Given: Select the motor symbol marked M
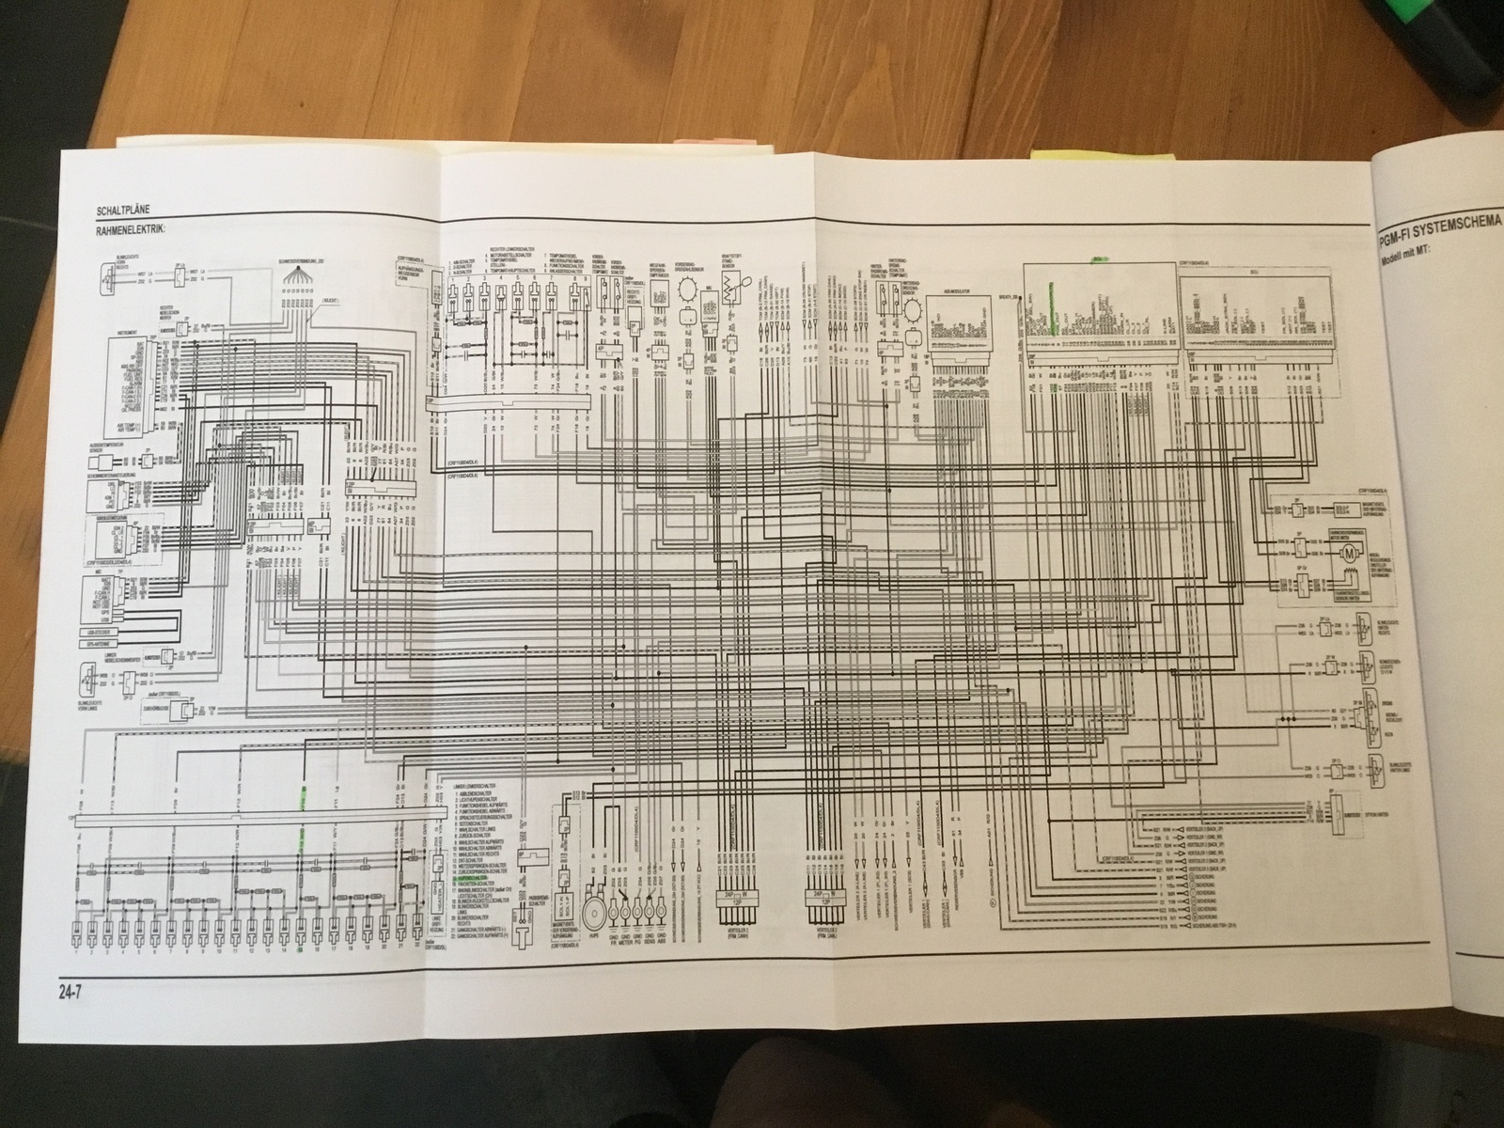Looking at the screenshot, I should point(1352,552).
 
